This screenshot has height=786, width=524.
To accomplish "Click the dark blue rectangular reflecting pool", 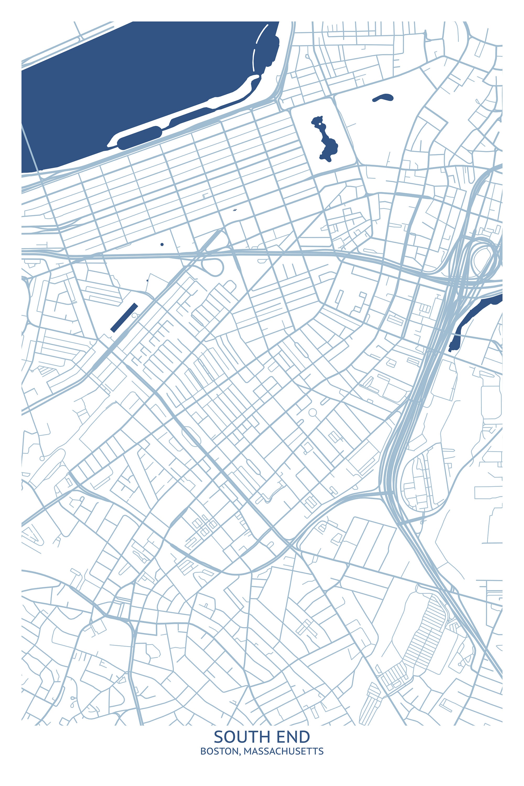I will [x=124, y=317].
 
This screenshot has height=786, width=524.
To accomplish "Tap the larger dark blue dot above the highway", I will [x=162, y=244].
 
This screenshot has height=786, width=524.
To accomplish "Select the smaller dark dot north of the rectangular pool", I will [x=147, y=280].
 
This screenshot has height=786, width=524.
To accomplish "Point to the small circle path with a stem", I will [x=313, y=413].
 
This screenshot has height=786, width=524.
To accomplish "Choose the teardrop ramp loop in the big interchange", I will [x=483, y=259].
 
